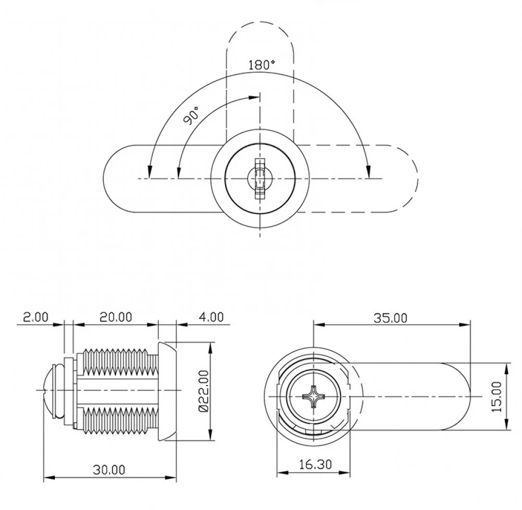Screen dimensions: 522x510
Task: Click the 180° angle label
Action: [262, 65]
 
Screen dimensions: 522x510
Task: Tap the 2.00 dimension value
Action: [35, 317]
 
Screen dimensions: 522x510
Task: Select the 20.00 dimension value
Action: [116, 317]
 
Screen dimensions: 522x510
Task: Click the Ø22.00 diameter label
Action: [203, 391]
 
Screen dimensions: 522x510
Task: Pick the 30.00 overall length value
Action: [109, 470]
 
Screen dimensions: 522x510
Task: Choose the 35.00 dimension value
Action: [390, 318]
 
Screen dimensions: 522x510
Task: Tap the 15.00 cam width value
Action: [496, 397]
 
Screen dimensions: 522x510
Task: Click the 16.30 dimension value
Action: [315, 465]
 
